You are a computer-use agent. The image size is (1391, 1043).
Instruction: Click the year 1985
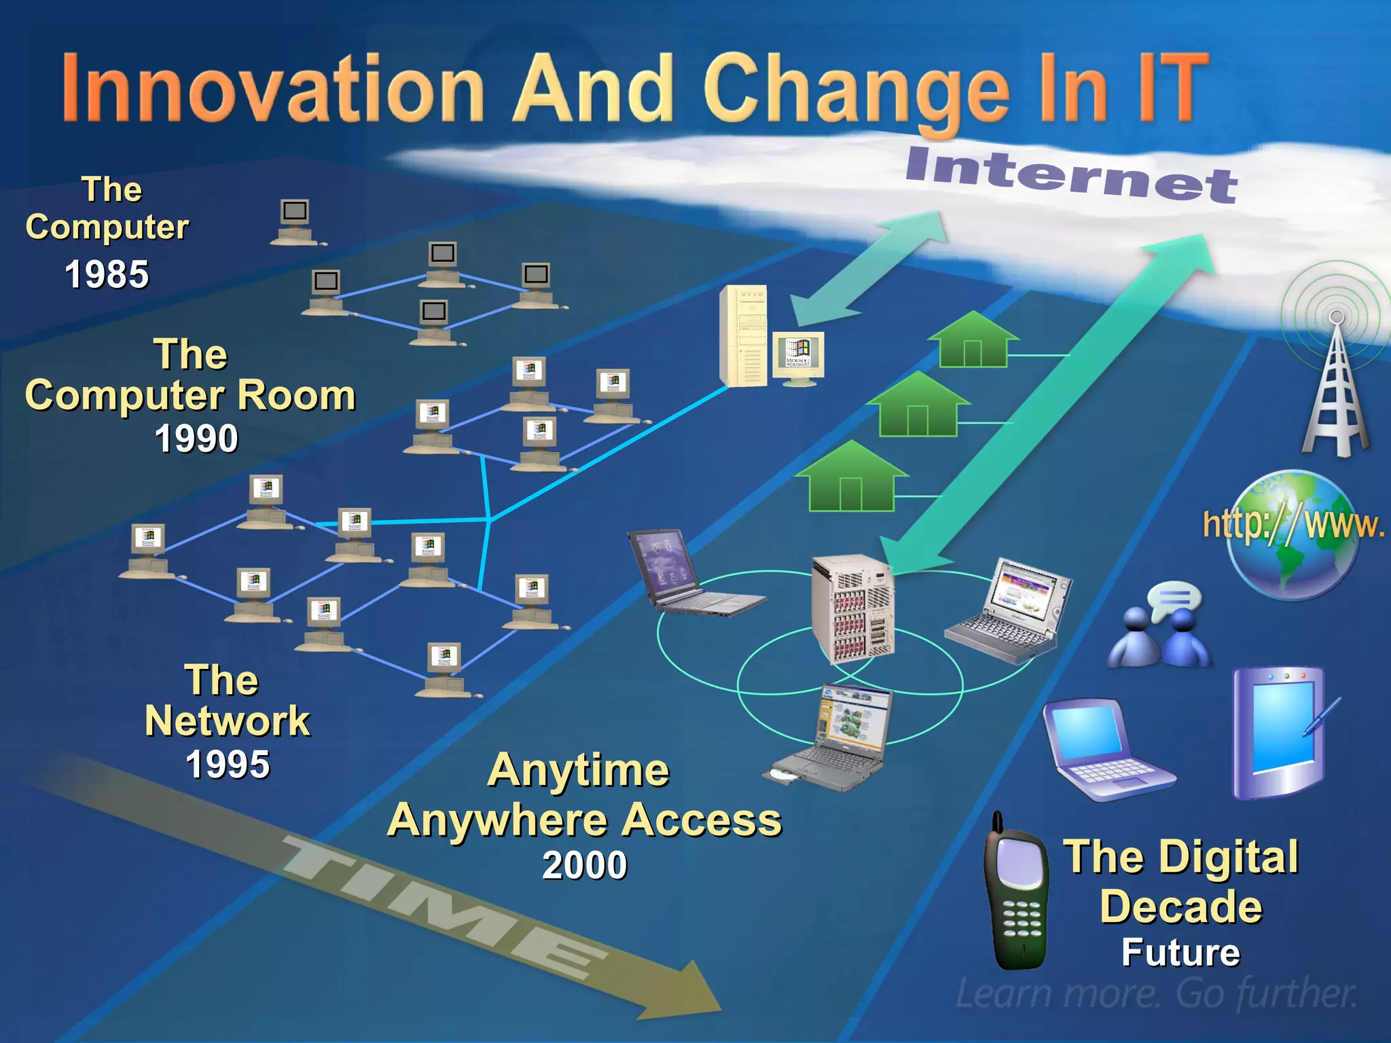pos(107,274)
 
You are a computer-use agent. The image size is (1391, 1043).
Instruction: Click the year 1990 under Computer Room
pos(196,438)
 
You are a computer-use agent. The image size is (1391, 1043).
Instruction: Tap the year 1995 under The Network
pos(228,764)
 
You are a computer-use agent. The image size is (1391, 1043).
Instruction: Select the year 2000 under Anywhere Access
pos(584,865)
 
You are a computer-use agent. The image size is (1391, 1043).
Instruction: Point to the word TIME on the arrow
pos(441,910)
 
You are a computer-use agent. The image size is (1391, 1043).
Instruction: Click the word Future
pos(1180,952)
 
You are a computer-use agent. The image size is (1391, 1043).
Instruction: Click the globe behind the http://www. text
pos(1294,536)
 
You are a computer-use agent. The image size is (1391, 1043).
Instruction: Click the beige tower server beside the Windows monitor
pos(744,336)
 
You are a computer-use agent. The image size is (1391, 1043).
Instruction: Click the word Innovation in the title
pos(272,88)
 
